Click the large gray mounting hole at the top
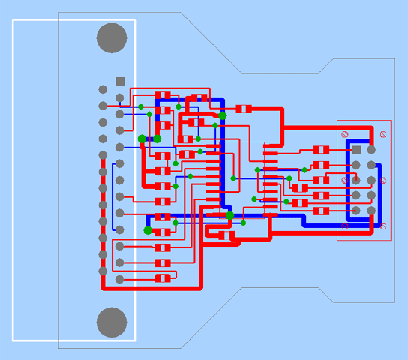112,38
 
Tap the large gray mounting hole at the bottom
112,322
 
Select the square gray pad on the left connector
120,81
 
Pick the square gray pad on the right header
357,150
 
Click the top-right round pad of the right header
371,150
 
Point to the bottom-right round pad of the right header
371,211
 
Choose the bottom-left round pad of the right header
357,211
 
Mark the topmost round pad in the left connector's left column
103,89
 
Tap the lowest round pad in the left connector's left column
103,271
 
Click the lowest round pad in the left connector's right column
119,279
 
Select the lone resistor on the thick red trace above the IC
244,109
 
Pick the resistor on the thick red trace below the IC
226,235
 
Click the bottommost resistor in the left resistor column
163,278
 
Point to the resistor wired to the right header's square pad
321,150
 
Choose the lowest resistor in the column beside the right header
321,211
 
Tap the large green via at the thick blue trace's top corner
223,115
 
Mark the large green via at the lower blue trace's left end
148,230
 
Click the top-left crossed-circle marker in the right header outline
345,134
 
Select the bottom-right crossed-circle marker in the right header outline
383,226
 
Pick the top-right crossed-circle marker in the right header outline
383,134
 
